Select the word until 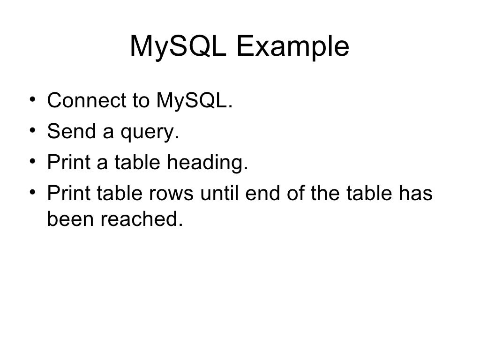pyautogui.click(x=217, y=194)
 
